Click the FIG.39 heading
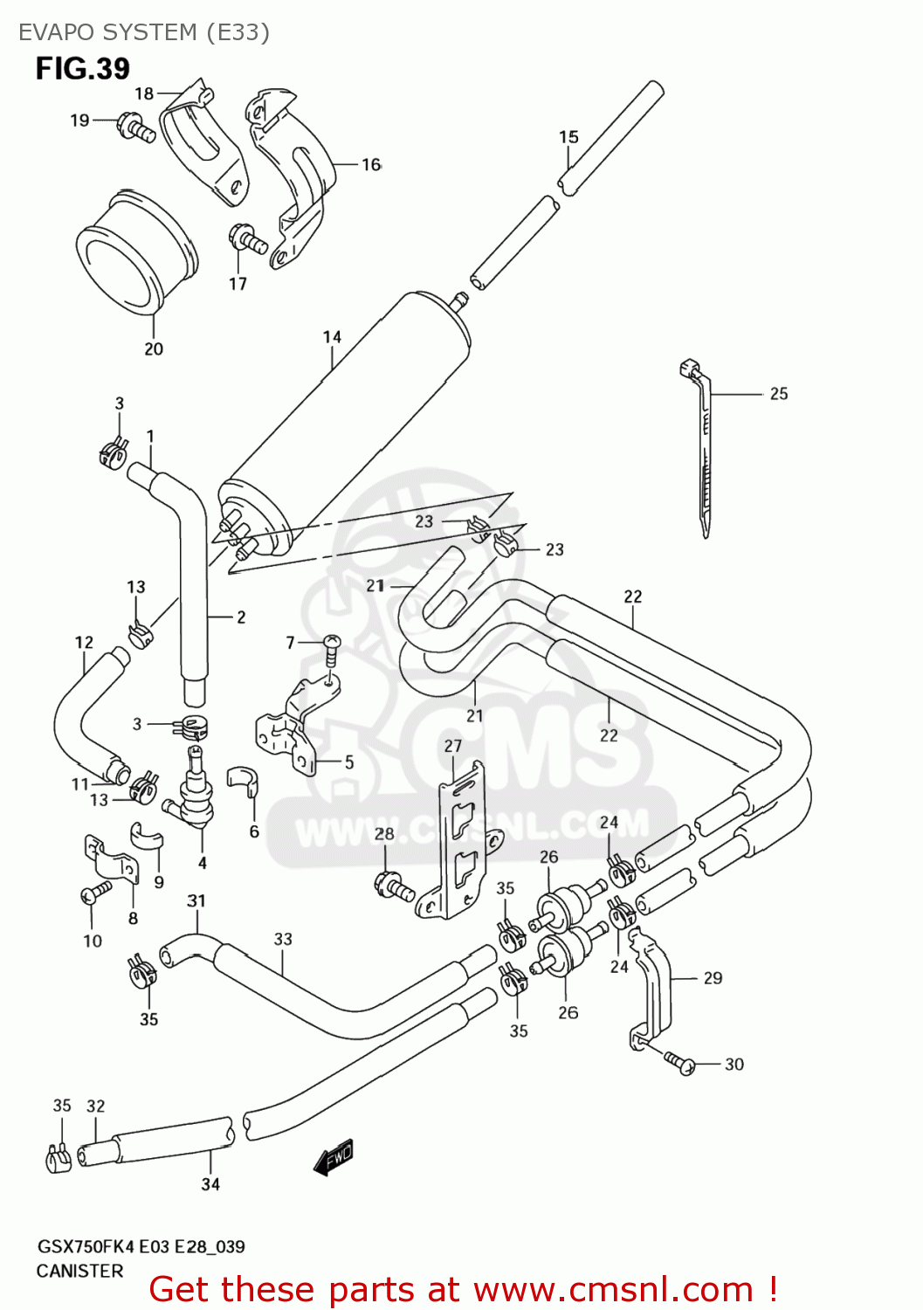click(x=83, y=68)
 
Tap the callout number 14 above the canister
click(x=332, y=337)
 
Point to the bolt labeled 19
click(x=136, y=127)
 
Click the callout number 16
click(x=371, y=164)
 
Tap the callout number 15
click(x=568, y=137)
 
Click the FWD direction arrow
click(x=335, y=1157)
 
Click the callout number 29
click(x=713, y=978)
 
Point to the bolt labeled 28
click(x=395, y=886)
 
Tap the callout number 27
click(x=452, y=746)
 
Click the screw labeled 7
click(x=331, y=646)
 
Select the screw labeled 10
click(x=95, y=892)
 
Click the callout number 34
click(x=210, y=1184)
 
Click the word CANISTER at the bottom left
click(x=79, y=1271)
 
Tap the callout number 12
click(x=84, y=643)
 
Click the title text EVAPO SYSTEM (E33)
click(x=143, y=32)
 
